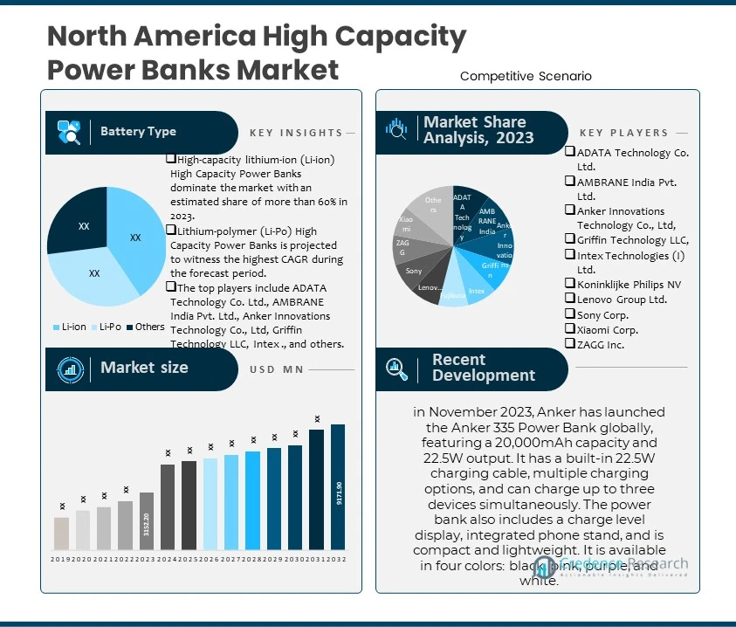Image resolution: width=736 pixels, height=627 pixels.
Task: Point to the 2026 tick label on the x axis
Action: point(210,559)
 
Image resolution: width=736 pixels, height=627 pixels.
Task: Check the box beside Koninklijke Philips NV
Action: point(570,283)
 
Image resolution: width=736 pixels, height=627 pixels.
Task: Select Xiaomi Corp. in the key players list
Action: point(607,330)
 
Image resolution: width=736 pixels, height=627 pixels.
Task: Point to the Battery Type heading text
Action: point(138,132)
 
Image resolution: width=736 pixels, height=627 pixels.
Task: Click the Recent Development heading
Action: point(483,368)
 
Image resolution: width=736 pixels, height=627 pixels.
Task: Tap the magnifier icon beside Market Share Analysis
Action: point(396,130)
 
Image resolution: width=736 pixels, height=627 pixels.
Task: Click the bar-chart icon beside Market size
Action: point(70,369)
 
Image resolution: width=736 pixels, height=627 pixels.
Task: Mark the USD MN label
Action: point(276,369)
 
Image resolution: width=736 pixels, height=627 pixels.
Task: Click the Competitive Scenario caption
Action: point(526,77)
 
